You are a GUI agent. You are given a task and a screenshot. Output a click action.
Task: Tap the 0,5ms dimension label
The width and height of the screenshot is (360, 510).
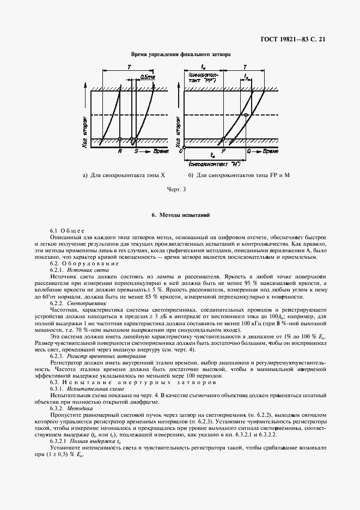pos(148,77)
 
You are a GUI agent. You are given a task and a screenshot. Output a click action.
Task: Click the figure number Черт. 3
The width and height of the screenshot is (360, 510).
pos(179,189)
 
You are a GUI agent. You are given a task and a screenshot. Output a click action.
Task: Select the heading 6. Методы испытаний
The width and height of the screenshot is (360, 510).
pos(180,216)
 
